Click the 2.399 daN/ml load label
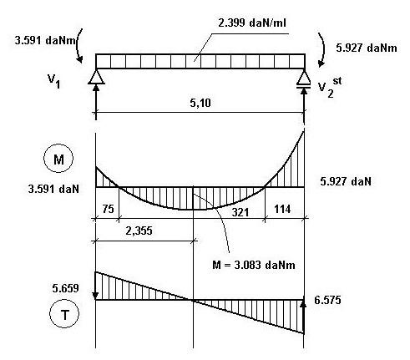click(x=252, y=23)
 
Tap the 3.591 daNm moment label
click(x=45, y=41)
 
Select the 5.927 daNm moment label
click(x=367, y=48)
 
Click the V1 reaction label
click(x=53, y=81)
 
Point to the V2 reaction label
click(x=330, y=88)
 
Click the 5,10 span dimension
click(x=200, y=104)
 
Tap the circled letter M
click(x=58, y=158)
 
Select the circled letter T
click(x=64, y=313)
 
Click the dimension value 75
click(x=108, y=209)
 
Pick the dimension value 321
click(x=240, y=212)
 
